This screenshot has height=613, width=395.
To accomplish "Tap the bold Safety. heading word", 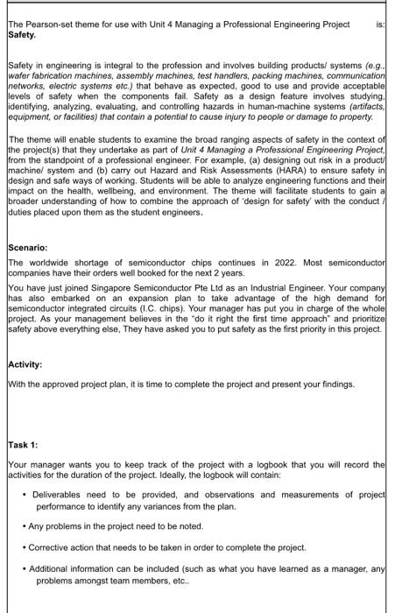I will (22, 36).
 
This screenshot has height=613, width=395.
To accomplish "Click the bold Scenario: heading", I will (27, 248).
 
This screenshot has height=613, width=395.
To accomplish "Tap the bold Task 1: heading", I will (23, 445).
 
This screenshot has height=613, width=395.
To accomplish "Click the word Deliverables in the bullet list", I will (60, 495).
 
